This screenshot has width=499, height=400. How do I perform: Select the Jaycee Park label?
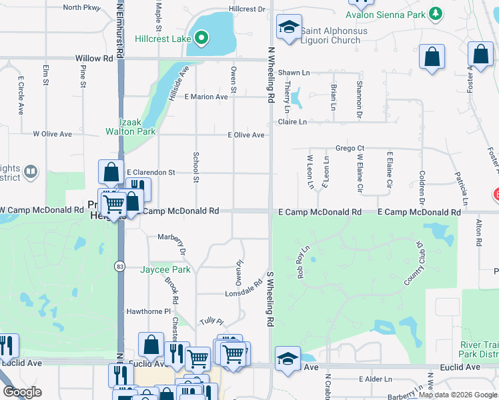(165, 270)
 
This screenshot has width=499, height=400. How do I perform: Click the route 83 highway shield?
(119, 266)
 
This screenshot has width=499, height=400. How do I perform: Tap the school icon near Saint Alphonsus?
(288, 28)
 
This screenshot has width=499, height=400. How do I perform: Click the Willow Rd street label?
(93, 58)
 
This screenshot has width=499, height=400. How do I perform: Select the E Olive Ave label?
(246, 135)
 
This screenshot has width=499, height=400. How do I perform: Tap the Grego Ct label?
(350, 148)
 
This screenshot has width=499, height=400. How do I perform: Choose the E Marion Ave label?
(206, 97)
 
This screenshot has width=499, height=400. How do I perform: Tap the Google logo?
(23, 392)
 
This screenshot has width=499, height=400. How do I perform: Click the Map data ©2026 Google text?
(458, 395)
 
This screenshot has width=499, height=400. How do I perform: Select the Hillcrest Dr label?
(246, 9)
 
